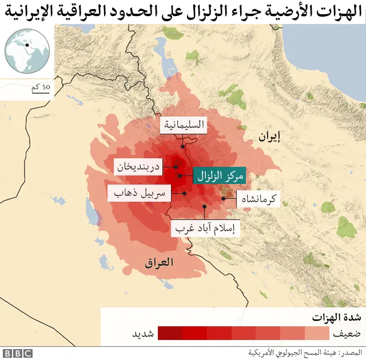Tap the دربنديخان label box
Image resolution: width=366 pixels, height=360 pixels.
139,167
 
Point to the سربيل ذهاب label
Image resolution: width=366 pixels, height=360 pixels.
137,193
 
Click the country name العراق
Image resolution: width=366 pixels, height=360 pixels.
159,263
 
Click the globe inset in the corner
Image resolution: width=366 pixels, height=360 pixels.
26,49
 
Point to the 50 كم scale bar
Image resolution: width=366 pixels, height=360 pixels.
38,88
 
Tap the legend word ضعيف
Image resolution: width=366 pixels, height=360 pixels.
347,333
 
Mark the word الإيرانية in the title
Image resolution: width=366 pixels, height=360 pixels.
47,11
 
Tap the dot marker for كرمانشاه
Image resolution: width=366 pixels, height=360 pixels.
224,198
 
